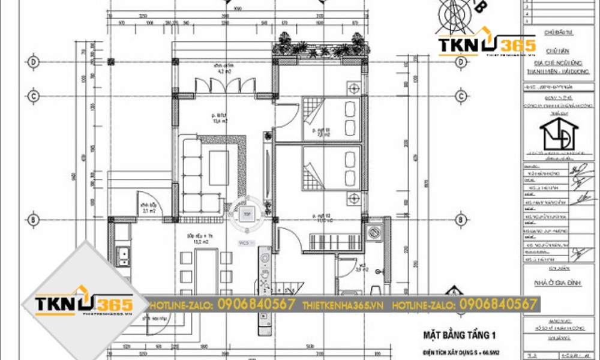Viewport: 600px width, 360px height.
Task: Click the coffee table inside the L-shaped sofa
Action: pos(218,164)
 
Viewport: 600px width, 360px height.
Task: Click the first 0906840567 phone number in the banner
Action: pos(256,304)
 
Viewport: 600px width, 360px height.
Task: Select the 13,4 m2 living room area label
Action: pos(213,119)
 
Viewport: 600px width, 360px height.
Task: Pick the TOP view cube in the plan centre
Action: pos(247,214)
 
